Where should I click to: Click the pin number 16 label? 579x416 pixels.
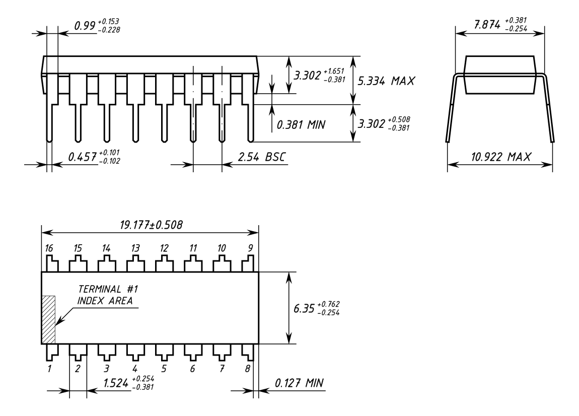click(49, 248)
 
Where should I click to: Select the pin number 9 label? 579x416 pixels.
click(250, 248)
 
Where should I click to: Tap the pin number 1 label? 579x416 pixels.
click(49, 368)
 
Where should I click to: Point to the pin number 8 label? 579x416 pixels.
click(248, 368)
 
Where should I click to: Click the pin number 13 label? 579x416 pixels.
click(135, 248)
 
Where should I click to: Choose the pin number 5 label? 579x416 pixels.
click(164, 368)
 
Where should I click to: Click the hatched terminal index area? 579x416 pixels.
click(48, 320)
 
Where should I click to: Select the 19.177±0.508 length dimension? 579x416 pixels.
click(151, 225)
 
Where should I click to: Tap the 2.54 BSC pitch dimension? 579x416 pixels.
click(261, 157)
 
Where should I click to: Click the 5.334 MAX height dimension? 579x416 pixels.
click(386, 81)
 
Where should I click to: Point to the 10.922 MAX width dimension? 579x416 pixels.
click(501, 157)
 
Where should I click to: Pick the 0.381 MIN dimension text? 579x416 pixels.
click(301, 125)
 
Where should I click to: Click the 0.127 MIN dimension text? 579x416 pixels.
click(299, 383)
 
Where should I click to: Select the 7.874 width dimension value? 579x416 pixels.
click(487, 25)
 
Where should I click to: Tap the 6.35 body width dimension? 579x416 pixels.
click(304, 308)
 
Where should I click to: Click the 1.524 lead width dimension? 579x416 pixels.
click(116, 383)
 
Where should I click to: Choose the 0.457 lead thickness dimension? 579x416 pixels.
click(83, 157)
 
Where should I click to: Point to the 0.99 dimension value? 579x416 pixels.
click(85, 26)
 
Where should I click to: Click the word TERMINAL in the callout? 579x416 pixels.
click(100, 289)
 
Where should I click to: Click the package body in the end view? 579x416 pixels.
click(499, 75)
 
